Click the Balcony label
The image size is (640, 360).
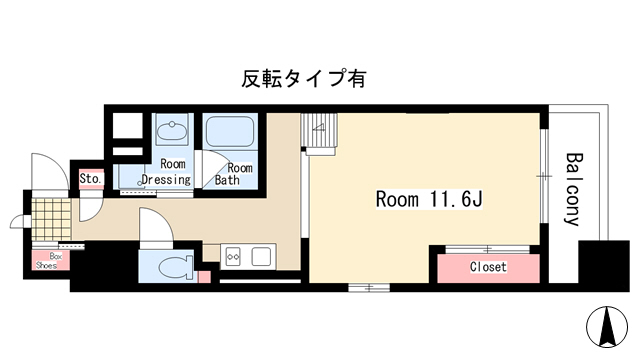click(573, 189)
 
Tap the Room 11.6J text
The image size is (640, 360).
click(429, 200)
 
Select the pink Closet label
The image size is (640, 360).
click(488, 267)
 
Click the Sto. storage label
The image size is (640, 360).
click(90, 179)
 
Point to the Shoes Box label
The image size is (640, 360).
click(49, 261)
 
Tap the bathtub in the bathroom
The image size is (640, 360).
click(229, 131)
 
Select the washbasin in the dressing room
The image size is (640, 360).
click(172, 130)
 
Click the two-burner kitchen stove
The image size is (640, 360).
click(233, 257)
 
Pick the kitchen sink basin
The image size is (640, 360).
click(261, 257)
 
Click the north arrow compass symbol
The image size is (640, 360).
click(607, 327)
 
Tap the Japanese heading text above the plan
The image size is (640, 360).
click(303, 79)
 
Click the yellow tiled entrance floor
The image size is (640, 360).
click(51, 219)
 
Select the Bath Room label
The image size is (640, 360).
click(233, 174)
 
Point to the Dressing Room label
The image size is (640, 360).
click(166, 172)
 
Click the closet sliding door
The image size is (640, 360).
click(487, 249)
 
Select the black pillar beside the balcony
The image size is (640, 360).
click(604, 266)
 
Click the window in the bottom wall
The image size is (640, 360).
click(369, 288)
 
